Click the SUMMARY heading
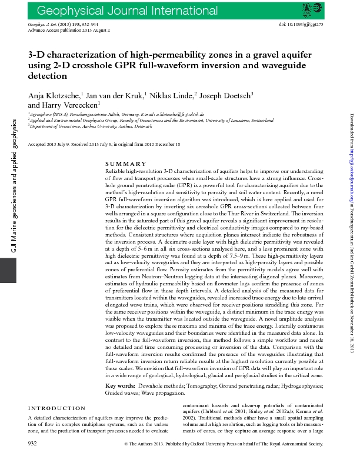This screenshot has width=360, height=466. (125, 163)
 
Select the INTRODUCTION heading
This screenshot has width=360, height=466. (57, 408)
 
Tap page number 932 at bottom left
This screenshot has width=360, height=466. (33, 458)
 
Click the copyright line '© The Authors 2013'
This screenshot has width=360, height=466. (223, 459)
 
